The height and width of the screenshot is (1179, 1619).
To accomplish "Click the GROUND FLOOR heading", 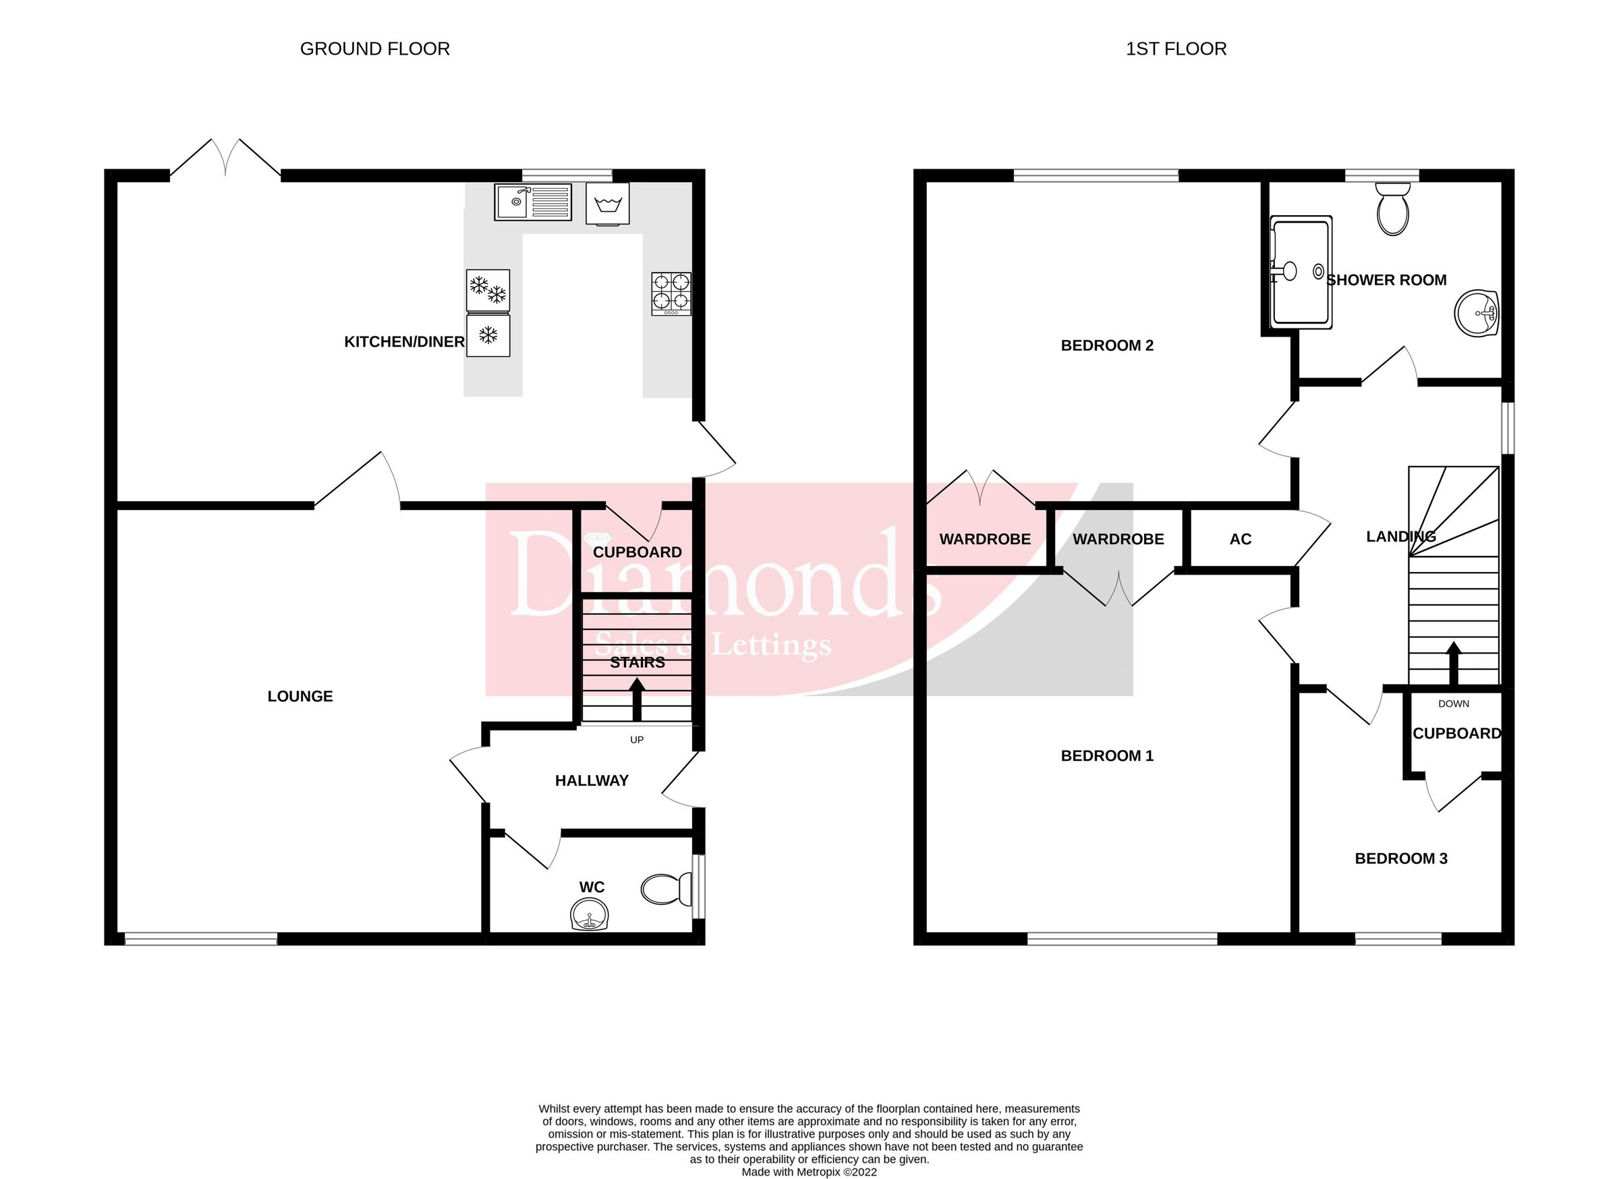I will click(375, 49).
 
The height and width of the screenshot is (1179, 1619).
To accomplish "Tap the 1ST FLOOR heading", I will click(1176, 49).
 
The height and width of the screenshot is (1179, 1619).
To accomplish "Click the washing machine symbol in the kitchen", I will click(608, 204).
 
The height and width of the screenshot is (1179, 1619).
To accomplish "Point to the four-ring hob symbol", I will click(671, 293).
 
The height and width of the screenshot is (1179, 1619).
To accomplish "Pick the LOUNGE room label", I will click(300, 696).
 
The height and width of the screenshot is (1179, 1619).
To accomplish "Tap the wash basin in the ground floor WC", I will click(590, 914).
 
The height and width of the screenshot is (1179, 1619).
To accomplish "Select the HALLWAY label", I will click(592, 781).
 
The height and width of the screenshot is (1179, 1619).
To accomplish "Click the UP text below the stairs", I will click(637, 740).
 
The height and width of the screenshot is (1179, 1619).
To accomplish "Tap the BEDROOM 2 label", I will click(1107, 345).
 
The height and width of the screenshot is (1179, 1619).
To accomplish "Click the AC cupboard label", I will click(1241, 540).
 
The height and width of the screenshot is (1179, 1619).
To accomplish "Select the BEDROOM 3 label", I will click(1400, 859).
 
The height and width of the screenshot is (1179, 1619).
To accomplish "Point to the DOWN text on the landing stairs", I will click(1453, 703).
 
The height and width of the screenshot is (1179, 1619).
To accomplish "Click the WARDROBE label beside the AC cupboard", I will click(1118, 540).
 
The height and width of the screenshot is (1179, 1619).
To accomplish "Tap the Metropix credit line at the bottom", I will click(809, 1172).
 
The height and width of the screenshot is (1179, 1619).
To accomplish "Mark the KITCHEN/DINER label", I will click(404, 342).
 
